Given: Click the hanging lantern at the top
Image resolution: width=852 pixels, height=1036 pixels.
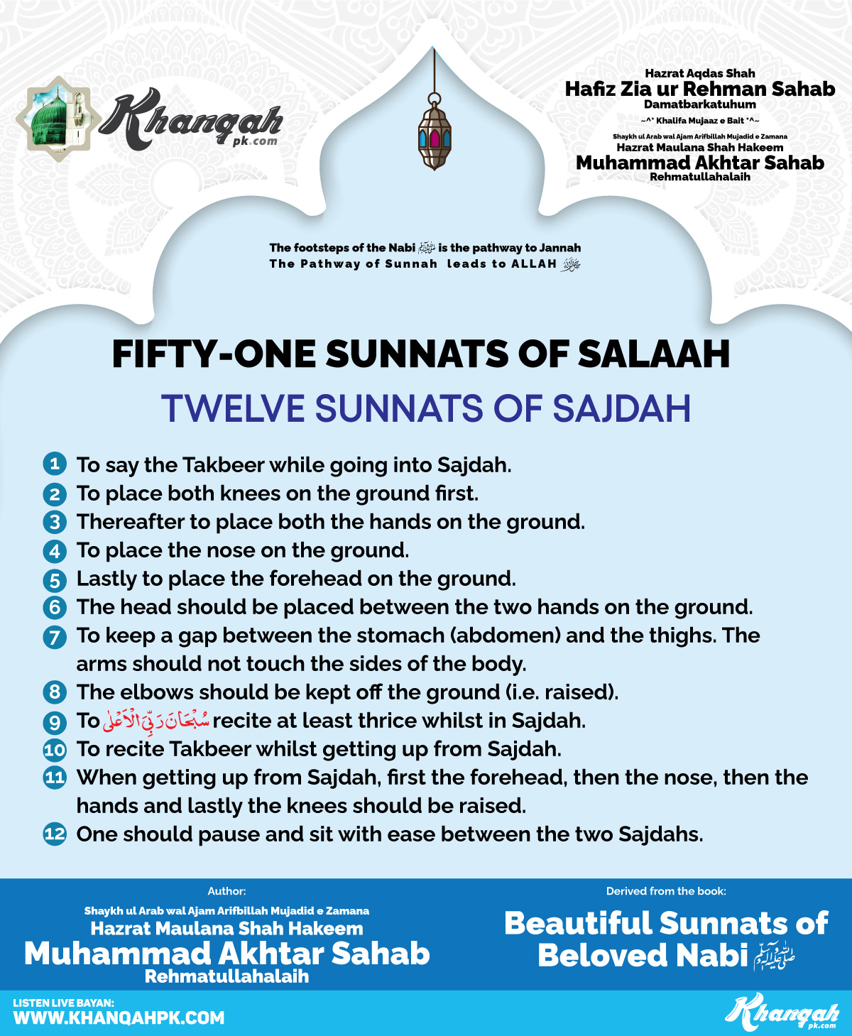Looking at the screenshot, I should click(x=435, y=135).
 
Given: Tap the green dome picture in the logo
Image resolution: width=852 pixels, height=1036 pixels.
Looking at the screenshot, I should click(x=51, y=117).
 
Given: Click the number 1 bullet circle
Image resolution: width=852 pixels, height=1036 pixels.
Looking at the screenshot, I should click(x=55, y=464).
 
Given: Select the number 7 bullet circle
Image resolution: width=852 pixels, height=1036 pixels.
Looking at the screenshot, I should click(x=55, y=636).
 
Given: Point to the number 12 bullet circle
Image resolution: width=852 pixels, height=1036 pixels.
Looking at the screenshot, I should click(x=55, y=834).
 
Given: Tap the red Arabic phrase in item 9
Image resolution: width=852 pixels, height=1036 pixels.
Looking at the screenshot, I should click(x=156, y=721).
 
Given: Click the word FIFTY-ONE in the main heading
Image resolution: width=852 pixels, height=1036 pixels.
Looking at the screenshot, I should click(x=213, y=354).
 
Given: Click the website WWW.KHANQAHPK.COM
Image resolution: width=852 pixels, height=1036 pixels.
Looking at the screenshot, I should click(x=119, y=1018).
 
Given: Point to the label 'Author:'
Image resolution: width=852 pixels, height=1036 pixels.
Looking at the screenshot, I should click(x=226, y=891).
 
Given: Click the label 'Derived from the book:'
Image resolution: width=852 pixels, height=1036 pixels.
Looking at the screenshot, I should click(x=666, y=891).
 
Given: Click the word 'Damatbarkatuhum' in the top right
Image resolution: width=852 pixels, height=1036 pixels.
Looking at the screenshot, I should click(x=699, y=104).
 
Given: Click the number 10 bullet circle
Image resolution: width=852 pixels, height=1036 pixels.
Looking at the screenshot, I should click(x=55, y=749).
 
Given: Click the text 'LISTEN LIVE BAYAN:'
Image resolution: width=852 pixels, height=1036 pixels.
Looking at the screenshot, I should click(x=63, y=1003).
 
